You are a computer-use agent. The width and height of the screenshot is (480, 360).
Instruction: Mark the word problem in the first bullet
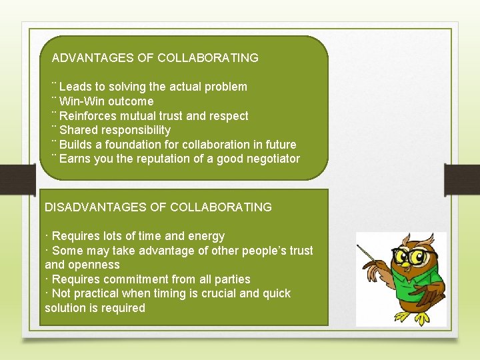tap(225, 87)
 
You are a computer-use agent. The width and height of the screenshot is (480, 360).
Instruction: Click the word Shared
tap(77, 130)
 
